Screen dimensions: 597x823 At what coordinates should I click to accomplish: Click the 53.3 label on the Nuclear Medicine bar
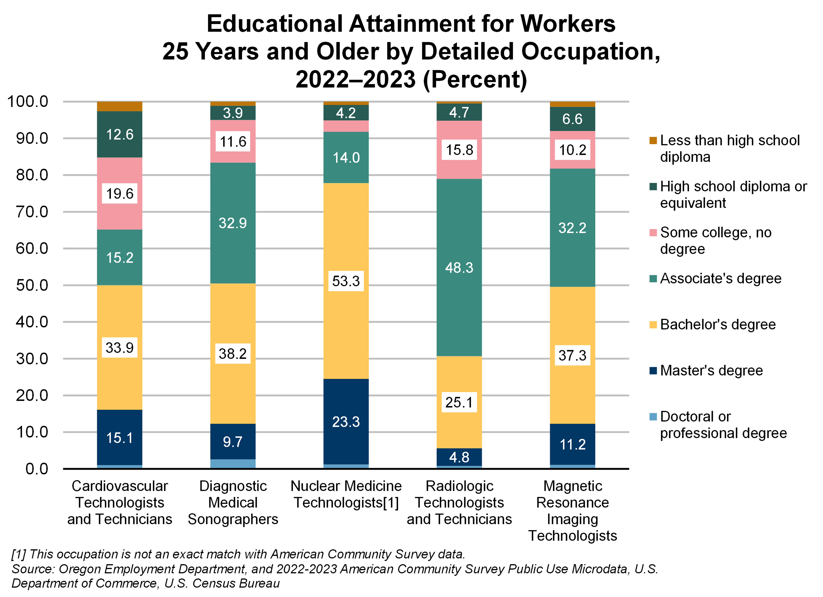(x=346, y=281)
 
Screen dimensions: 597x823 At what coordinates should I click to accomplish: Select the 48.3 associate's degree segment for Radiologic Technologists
(x=459, y=268)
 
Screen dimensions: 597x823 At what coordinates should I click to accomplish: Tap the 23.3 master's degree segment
(x=346, y=422)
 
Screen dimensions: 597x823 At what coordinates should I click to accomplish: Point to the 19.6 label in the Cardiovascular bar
(x=120, y=193)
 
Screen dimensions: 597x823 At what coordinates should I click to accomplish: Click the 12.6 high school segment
(x=120, y=134)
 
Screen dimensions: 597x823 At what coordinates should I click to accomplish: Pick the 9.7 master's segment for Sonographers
(x=233, y=442)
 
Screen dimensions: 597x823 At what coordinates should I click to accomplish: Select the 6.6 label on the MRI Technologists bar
(x=572, y=119)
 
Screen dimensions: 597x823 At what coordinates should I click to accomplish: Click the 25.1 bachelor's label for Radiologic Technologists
(x=459, y=402)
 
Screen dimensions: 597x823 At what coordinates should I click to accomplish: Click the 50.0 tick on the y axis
(x=32, y=285)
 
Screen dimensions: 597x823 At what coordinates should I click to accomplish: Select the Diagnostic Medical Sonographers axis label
(x=233, y=503)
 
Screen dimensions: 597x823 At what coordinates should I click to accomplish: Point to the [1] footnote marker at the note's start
(x=18, y=554)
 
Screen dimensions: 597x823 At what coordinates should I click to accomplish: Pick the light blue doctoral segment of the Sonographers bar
(x=233, y=464)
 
